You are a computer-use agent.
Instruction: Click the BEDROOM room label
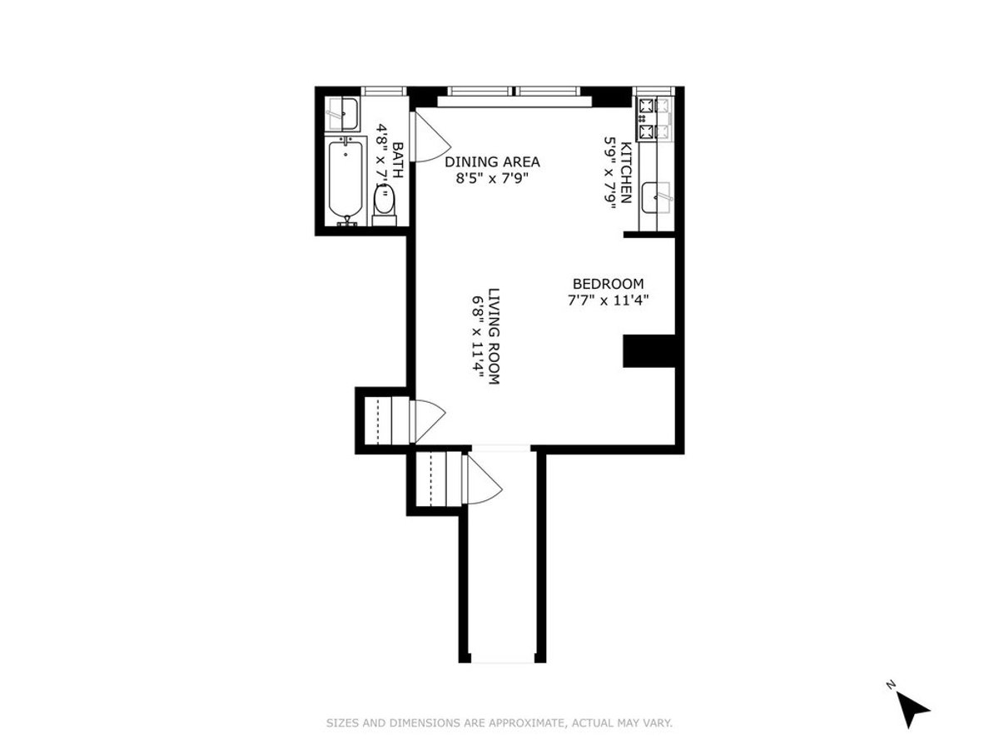point(608,283)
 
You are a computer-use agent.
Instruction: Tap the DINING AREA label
point(492,161)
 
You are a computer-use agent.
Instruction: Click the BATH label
point(398,160)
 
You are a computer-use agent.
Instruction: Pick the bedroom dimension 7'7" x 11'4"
point(608,299)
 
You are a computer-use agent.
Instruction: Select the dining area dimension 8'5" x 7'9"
point(492,177)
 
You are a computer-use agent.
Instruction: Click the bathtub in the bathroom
point(342,180)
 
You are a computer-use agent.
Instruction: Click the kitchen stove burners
point(648,118)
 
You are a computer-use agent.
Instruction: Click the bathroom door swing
point(429,137)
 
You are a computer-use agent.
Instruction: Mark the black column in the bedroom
point(648,350)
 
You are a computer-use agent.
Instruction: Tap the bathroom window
point(384,91)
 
